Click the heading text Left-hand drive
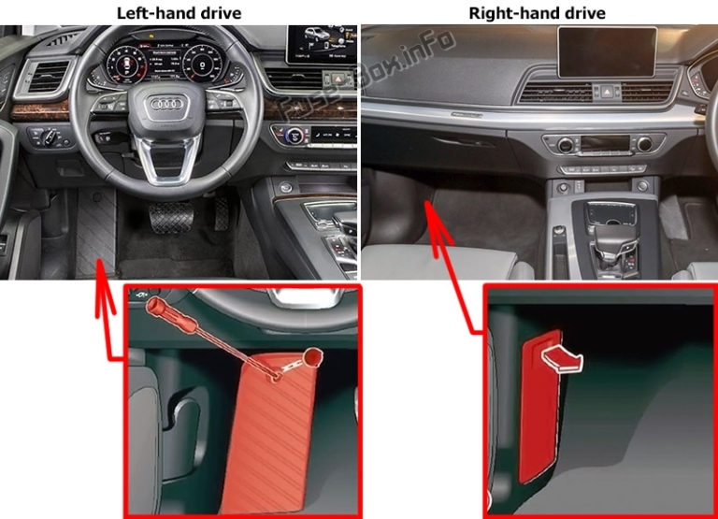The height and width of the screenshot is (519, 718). (x=178, y=12)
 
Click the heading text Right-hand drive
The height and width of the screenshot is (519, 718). (x=537, y=12)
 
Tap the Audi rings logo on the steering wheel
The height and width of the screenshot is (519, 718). (x=170, y=106)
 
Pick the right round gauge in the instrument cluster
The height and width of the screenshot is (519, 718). (x=212, y=65)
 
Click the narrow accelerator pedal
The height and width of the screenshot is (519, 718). (x=221, y=213)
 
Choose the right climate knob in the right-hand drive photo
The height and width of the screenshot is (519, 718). (x=644, y=144)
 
